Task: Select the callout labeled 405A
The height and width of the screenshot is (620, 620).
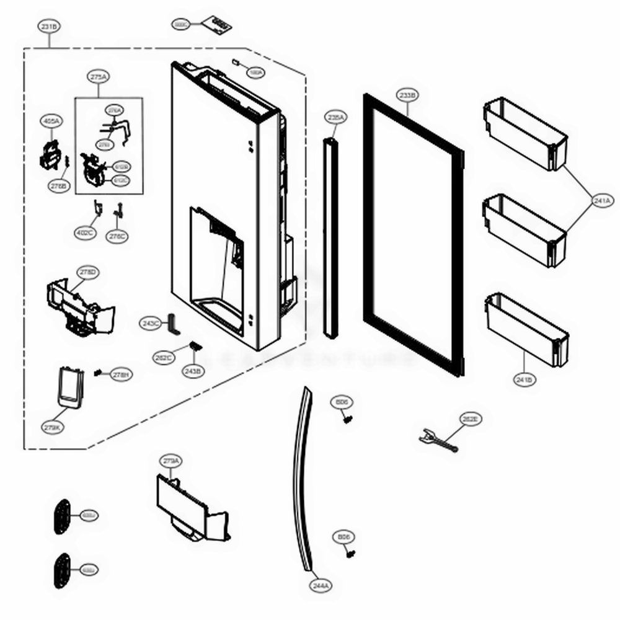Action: (x=51, y=121)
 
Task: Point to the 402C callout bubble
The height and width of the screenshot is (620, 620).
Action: (x=85, y=233)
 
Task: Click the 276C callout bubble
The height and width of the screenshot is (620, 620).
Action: (x=117, y=236)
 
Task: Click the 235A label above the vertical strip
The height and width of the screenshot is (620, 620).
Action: (x=335, y=117)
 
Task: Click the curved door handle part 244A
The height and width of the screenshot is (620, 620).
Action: (x=300, y=484)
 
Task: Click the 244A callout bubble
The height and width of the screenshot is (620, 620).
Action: (x=321, y=584)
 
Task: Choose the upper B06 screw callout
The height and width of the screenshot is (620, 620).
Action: (x=342, y=402)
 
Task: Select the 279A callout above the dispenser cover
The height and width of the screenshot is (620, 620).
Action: (x=171, y=461)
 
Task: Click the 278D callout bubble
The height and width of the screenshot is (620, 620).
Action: (x=88, y=272)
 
